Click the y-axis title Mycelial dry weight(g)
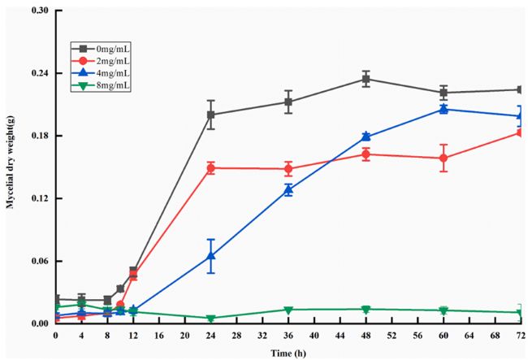pos(11,167)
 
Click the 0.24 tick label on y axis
pos(39,73)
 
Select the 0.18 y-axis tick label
pos(39,136)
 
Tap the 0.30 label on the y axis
pos(39,11)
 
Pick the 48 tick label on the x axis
pos(366,334)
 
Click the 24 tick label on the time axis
pos(210,334)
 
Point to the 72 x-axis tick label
pos(520,334)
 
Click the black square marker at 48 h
pos(366,79)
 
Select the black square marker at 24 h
pos(210,115)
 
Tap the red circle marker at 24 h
pos(210,168)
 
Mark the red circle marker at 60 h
pos(443,158)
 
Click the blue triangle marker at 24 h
pos(210,256)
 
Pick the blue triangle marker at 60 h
pos(443,109)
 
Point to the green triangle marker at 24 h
pos(210,319)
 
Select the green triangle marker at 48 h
pos(366,310)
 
